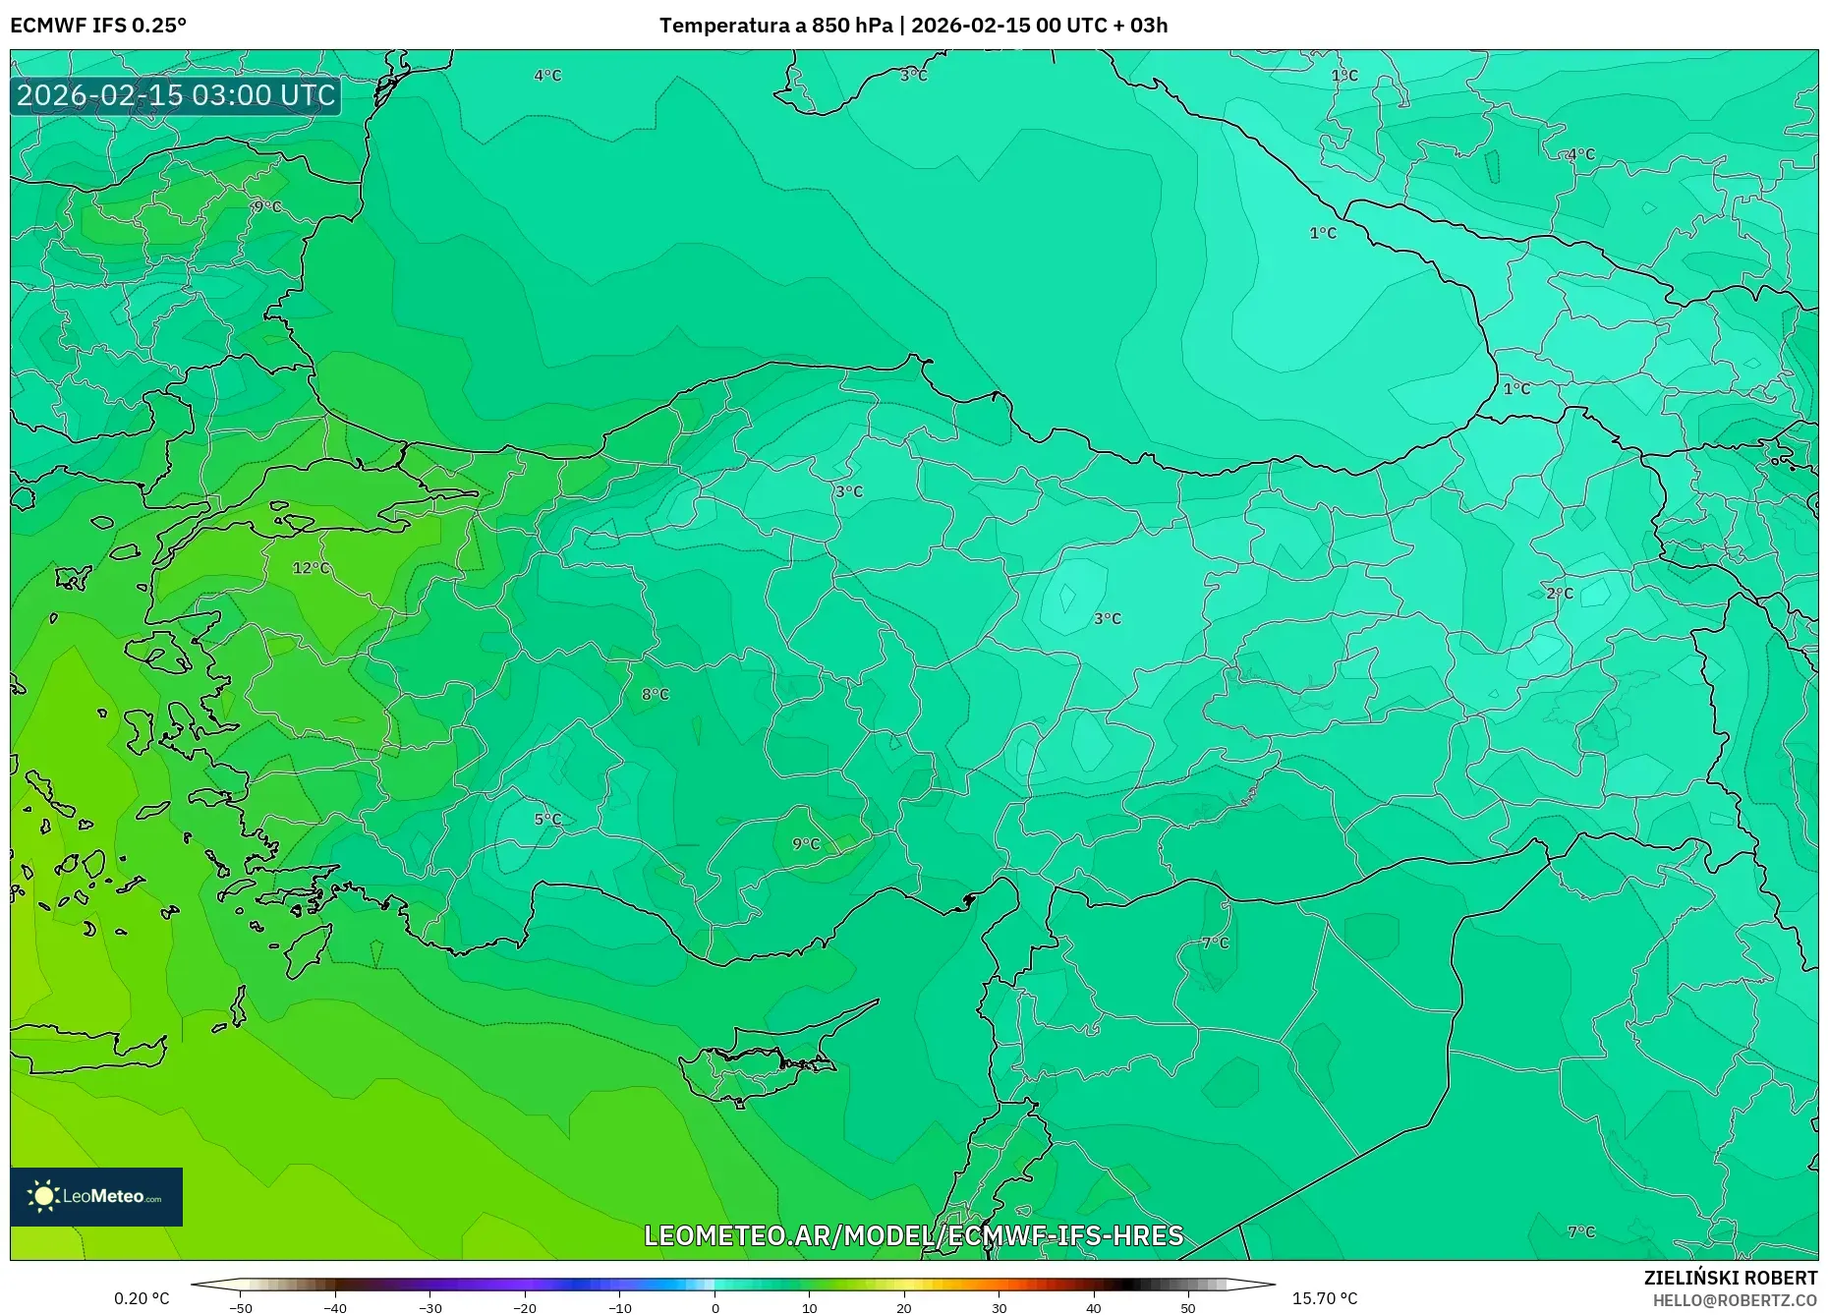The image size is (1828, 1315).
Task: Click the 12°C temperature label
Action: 311,568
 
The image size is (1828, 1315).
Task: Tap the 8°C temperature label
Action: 655,694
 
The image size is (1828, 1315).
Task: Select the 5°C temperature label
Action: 547,819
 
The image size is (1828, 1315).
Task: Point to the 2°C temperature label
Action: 1559,593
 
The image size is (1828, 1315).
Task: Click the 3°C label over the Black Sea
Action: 913,75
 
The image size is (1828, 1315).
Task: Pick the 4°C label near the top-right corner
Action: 1580,154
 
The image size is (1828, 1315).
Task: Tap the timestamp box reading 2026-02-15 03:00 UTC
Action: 176,95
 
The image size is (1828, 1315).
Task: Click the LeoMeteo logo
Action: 96,1196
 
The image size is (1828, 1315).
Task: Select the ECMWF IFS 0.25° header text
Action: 98,26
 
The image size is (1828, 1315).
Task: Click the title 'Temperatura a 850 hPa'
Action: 775,26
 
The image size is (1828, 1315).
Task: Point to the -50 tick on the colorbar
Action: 241,1308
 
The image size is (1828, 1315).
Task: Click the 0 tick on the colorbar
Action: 715,1308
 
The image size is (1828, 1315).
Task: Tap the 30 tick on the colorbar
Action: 1000,1308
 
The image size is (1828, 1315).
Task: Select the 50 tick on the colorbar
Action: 1188,1308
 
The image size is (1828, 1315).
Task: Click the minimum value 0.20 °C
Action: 142,1298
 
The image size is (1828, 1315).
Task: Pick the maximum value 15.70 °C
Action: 1324,1298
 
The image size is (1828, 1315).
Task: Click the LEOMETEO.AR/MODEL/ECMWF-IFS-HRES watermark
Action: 913,1235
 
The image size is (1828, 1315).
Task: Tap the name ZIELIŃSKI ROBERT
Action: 1730,1278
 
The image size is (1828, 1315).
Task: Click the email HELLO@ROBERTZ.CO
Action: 1735,1300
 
